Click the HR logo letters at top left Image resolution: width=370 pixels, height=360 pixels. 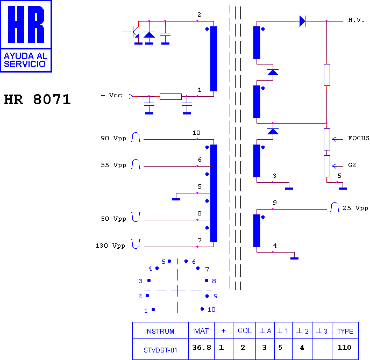[26, 25]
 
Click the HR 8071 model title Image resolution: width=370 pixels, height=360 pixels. [37, 99]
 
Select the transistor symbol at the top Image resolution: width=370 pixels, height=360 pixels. [133, 32]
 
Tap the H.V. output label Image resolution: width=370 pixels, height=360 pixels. [356, 20]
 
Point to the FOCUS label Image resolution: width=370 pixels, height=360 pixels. [358, 138]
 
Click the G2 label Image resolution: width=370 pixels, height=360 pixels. [352, 165]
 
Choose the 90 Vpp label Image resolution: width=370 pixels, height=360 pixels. [113, 139]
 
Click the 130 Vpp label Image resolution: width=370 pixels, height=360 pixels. [110, 246]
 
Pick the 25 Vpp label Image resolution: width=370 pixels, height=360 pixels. [355, 208]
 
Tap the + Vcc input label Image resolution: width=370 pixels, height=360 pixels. [111, 95]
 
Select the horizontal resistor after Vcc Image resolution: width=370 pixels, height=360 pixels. [170, 97]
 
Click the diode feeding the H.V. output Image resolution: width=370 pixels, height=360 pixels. [302, 21]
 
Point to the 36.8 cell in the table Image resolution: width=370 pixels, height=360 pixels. [202, 347]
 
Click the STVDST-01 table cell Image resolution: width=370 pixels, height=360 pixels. [160, 350]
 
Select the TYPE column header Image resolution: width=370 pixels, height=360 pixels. [345, 331]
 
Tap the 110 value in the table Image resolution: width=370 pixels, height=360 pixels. [344, 347]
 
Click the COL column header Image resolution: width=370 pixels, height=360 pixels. [245, 331]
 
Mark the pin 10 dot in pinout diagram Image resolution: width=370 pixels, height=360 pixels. [202, 309]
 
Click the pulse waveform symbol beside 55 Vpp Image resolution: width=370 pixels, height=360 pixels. [136, 164]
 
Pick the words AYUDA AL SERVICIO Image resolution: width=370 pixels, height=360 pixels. [25, 60]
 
